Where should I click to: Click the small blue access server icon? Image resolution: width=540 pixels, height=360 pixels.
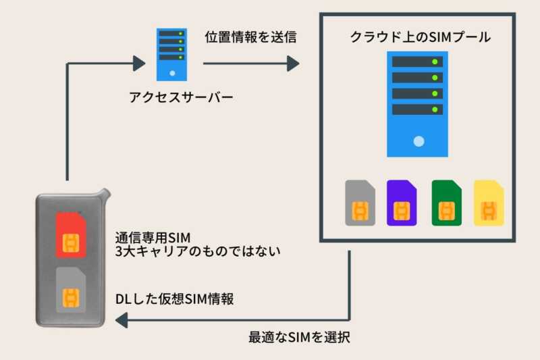click(x=172, y=53)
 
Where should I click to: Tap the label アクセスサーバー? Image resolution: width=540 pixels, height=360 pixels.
click(x=181, y=97)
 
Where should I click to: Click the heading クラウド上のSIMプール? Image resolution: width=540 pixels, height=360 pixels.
click(x=420, y=37)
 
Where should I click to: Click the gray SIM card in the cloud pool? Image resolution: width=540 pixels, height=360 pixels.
click(x=360, y=203)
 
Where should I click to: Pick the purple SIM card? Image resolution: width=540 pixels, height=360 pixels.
click(x=402, y=203)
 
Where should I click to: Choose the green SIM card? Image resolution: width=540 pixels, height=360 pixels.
click(x=446, y=203)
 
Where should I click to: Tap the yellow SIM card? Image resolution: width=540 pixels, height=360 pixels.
click(x=489, y=203)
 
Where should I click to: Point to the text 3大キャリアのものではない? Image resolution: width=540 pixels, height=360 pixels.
click(x=198, y=251)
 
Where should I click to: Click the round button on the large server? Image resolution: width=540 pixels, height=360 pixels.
click(x=419, y=141)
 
